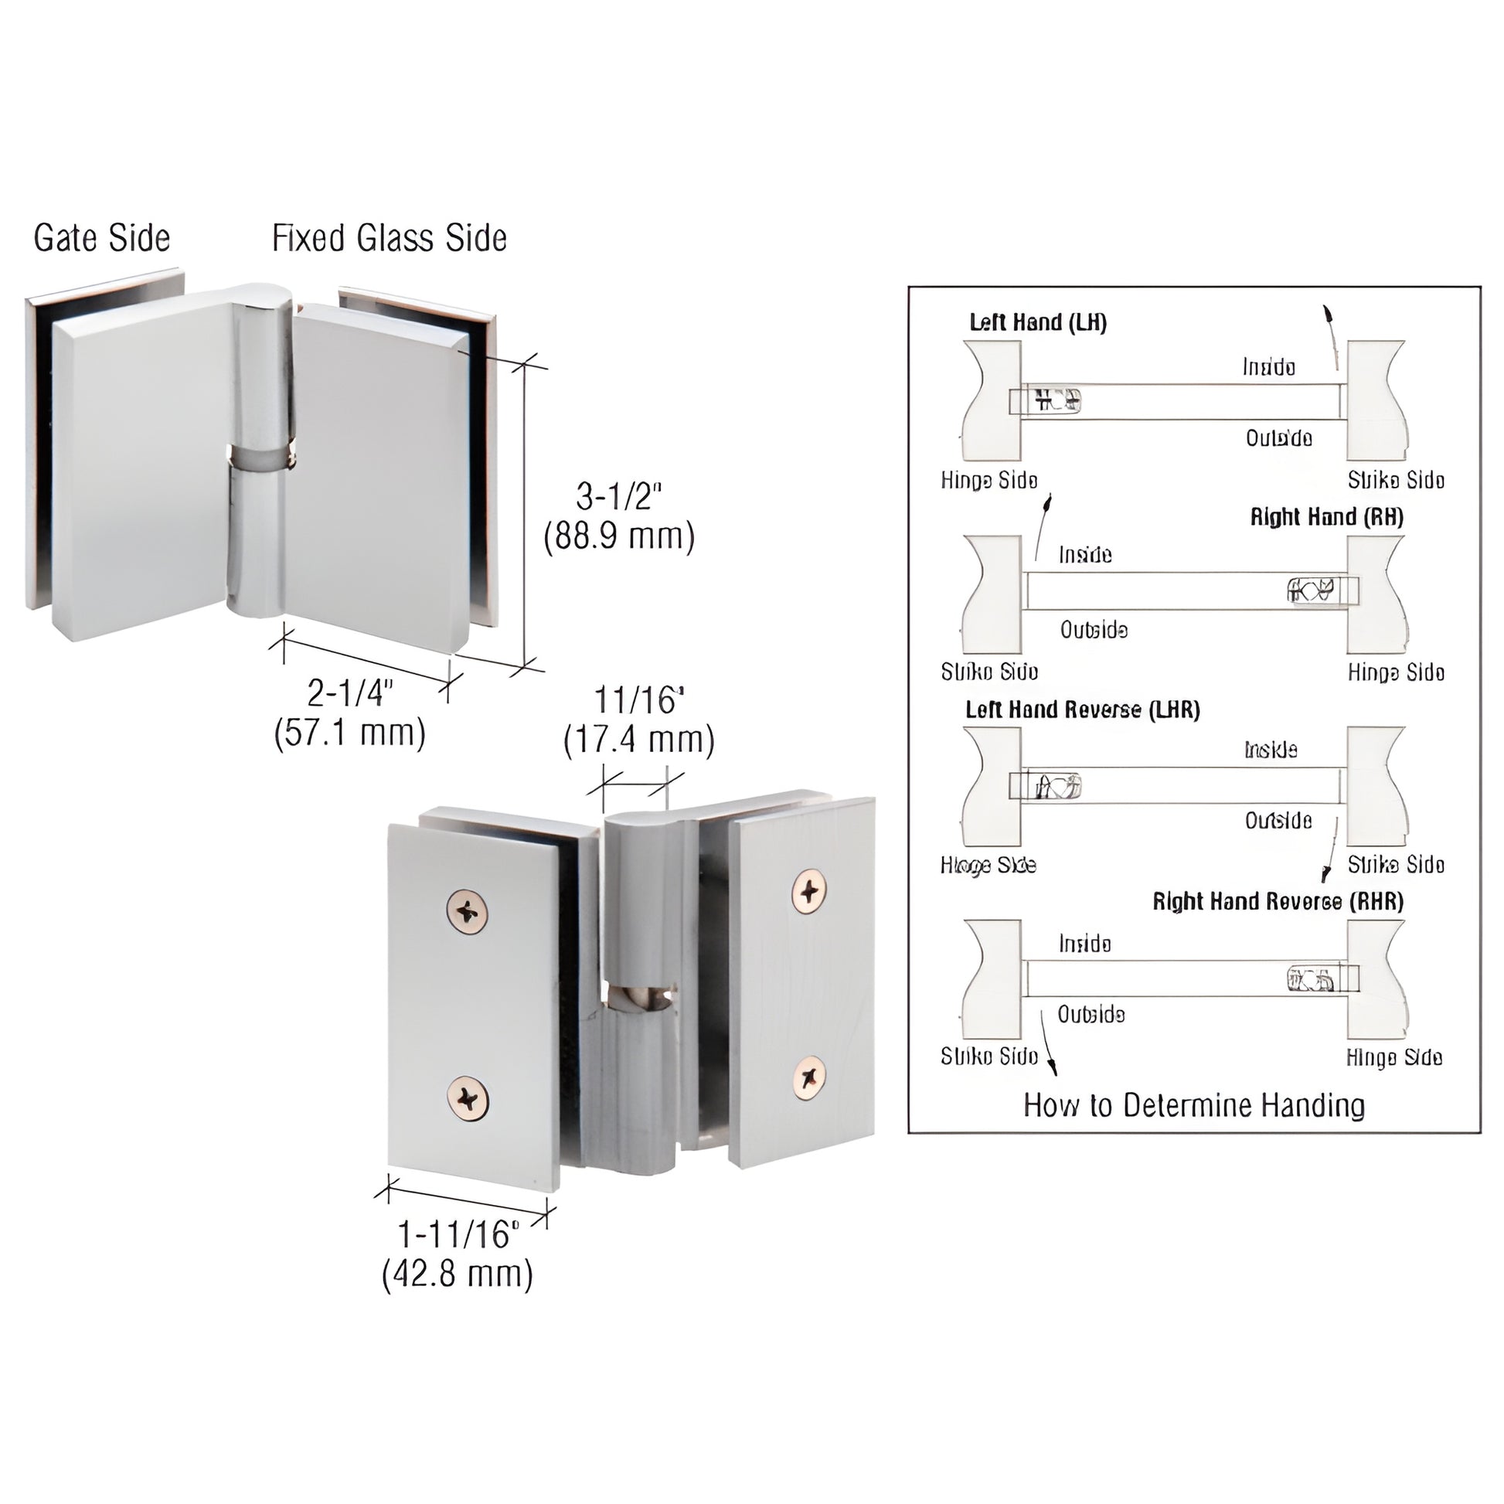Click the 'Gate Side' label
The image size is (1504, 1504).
[x=101, y=238]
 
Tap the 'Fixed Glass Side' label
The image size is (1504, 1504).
[x=390, y=238]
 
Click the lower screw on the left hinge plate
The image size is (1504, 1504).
[x=468, y=1097]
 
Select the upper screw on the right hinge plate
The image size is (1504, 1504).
[x=811, y=889]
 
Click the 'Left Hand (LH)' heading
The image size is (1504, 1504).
[x=1038, y=322]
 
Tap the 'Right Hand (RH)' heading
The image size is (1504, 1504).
[x=1326, y=517]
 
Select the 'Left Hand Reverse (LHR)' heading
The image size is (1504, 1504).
[x=1083, y=709]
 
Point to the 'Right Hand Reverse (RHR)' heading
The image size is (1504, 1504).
[x=1278, y=901]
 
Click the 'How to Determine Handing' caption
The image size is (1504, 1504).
[x=1194, y=1105]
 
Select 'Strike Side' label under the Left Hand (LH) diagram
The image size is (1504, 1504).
[x=1396, y=480]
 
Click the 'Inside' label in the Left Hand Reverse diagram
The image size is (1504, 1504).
[x=1271, y=750]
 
